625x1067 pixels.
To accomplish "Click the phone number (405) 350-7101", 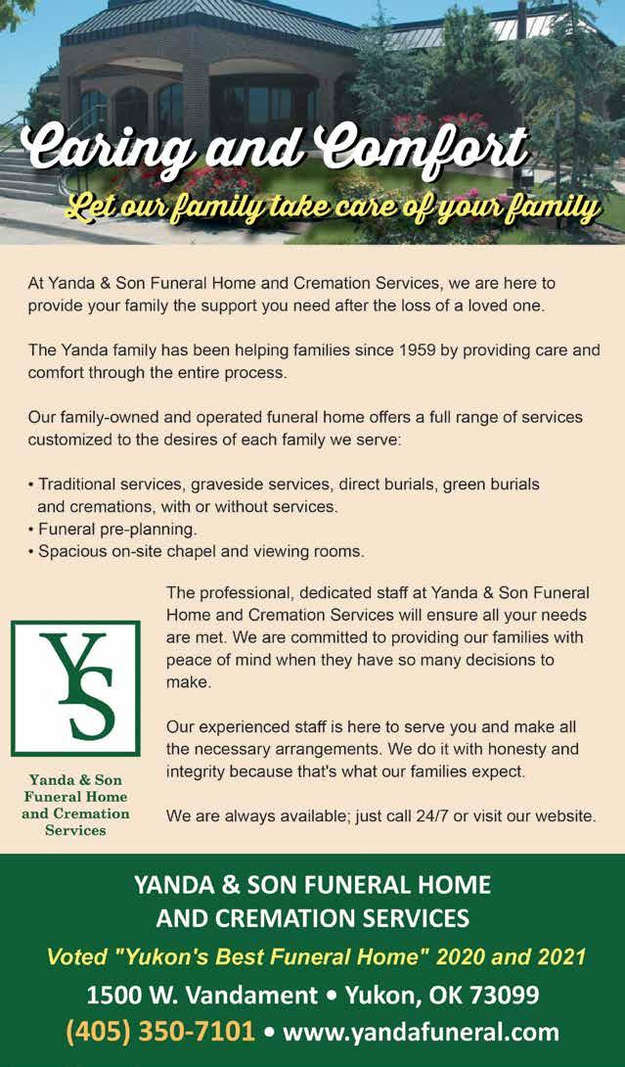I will pos(160,1032).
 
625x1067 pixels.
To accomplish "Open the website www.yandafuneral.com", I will pos(421,1032).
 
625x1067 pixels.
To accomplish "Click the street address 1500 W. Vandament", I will pos(201,995).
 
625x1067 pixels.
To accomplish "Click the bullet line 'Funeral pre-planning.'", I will pos(117,530).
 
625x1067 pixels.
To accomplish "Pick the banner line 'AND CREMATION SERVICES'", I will pos(312,919).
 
